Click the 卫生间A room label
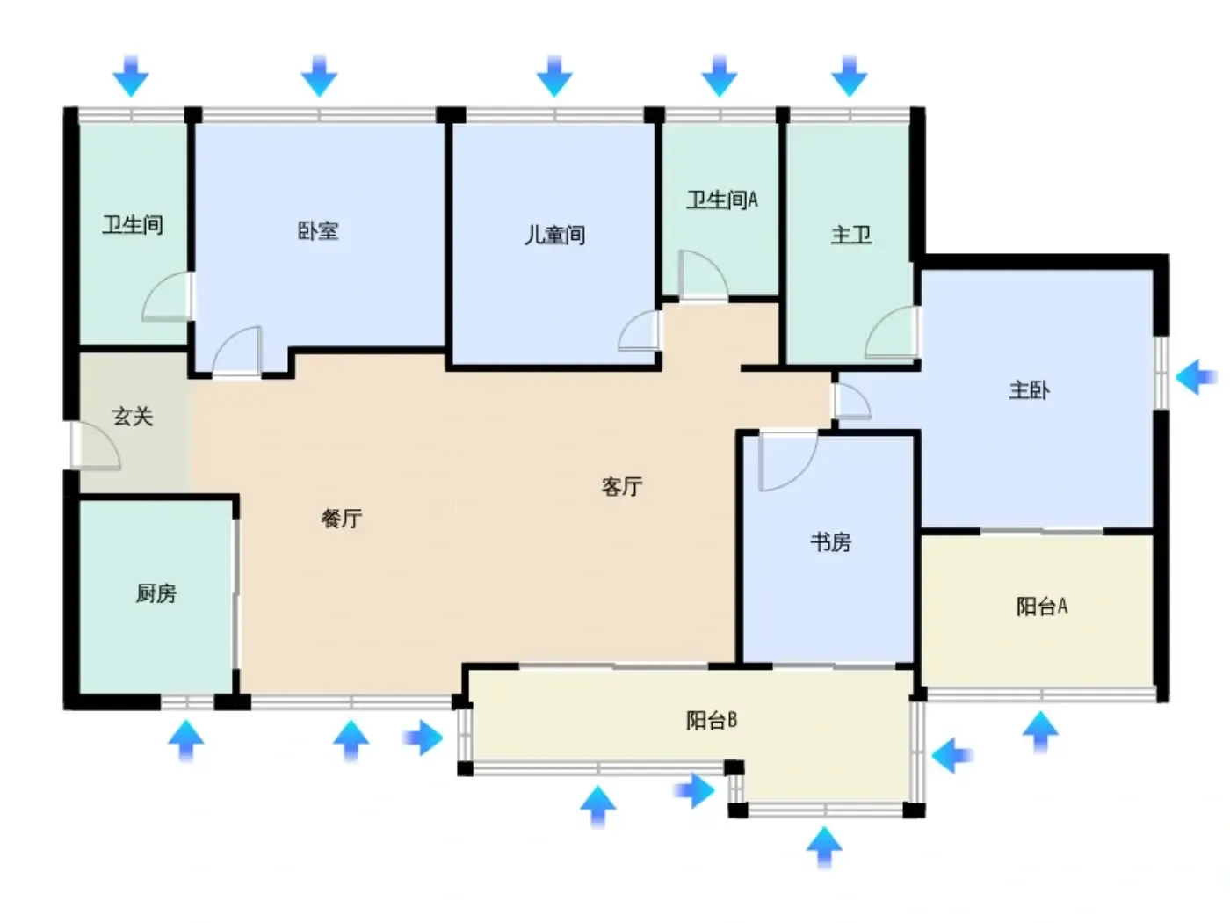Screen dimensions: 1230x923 [722, 200]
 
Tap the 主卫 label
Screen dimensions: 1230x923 [850, 235]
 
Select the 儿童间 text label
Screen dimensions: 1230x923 [554, 235]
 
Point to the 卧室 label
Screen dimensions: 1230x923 [318, 231]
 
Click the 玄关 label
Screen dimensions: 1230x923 [133, 417]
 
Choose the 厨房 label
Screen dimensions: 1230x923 [156, 592]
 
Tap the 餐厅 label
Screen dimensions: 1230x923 [341, 519]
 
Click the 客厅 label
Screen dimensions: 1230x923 [621, 486]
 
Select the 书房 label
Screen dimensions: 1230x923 [830, 541]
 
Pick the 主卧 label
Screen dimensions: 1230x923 [1029, 390]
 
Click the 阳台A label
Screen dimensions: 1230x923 [1042, 607]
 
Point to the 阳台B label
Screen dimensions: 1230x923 [712, 720]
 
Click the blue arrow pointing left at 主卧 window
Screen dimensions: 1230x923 [1196, 377]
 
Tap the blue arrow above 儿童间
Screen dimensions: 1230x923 [554, 76]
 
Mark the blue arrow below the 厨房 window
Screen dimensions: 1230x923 [186, 741]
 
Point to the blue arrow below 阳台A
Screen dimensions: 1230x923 [1040, 732]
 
